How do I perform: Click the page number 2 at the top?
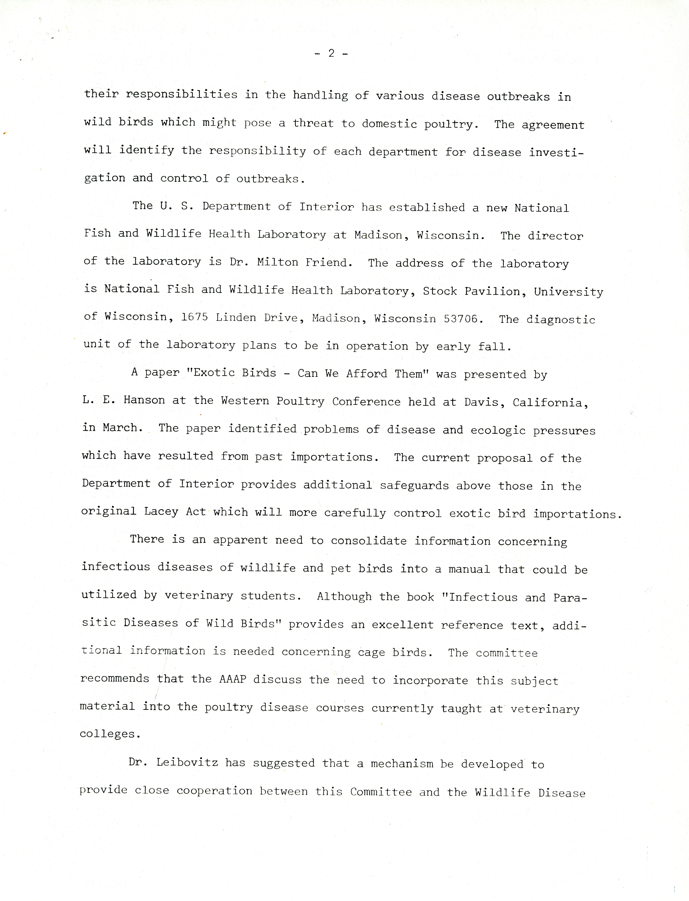pyautogui.click(x=331, y=53)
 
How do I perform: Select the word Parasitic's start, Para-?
pyautogui.click(x=570, y=598)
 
